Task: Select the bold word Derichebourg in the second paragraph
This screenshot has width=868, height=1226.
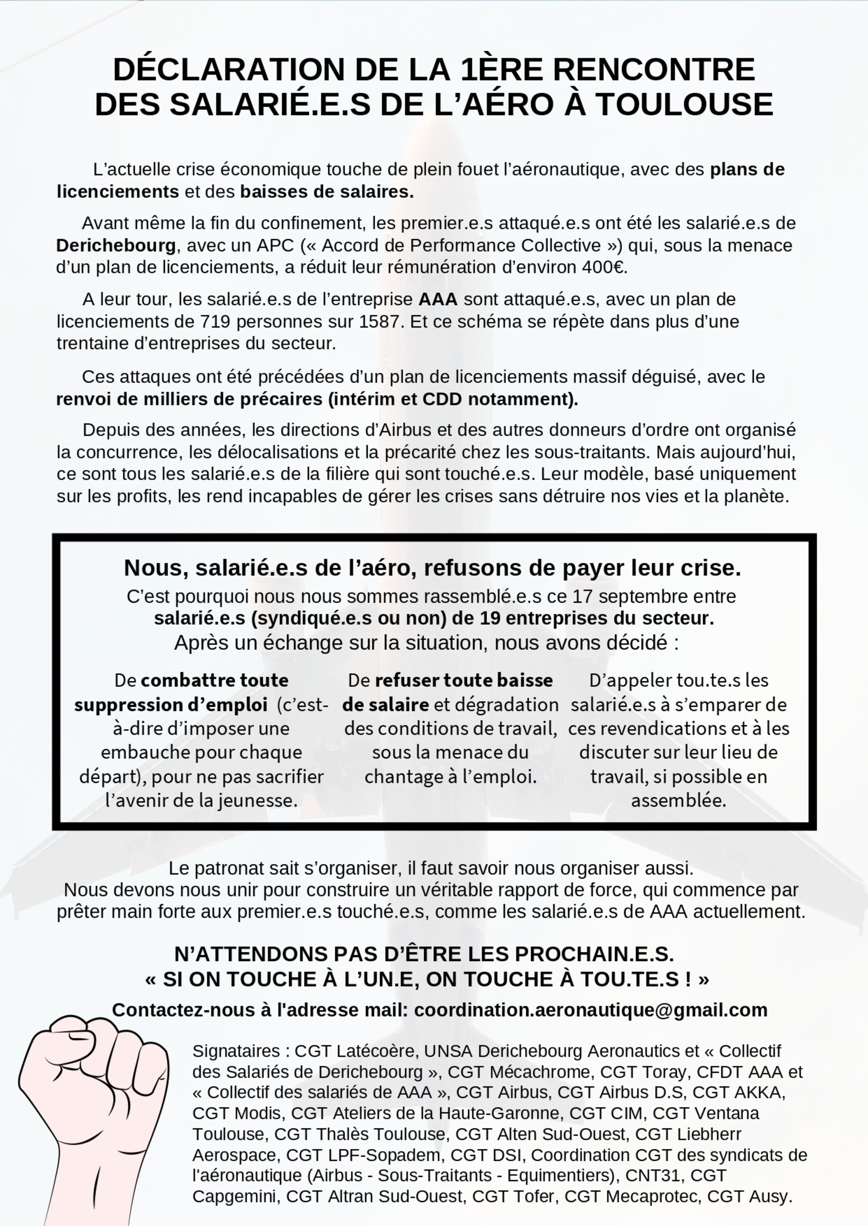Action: coord(116,246)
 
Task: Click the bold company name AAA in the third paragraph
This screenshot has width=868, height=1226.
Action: coord(438,299)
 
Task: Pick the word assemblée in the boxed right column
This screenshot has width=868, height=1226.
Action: coord(678,800)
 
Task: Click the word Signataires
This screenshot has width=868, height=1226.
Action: coord(236,1051)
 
